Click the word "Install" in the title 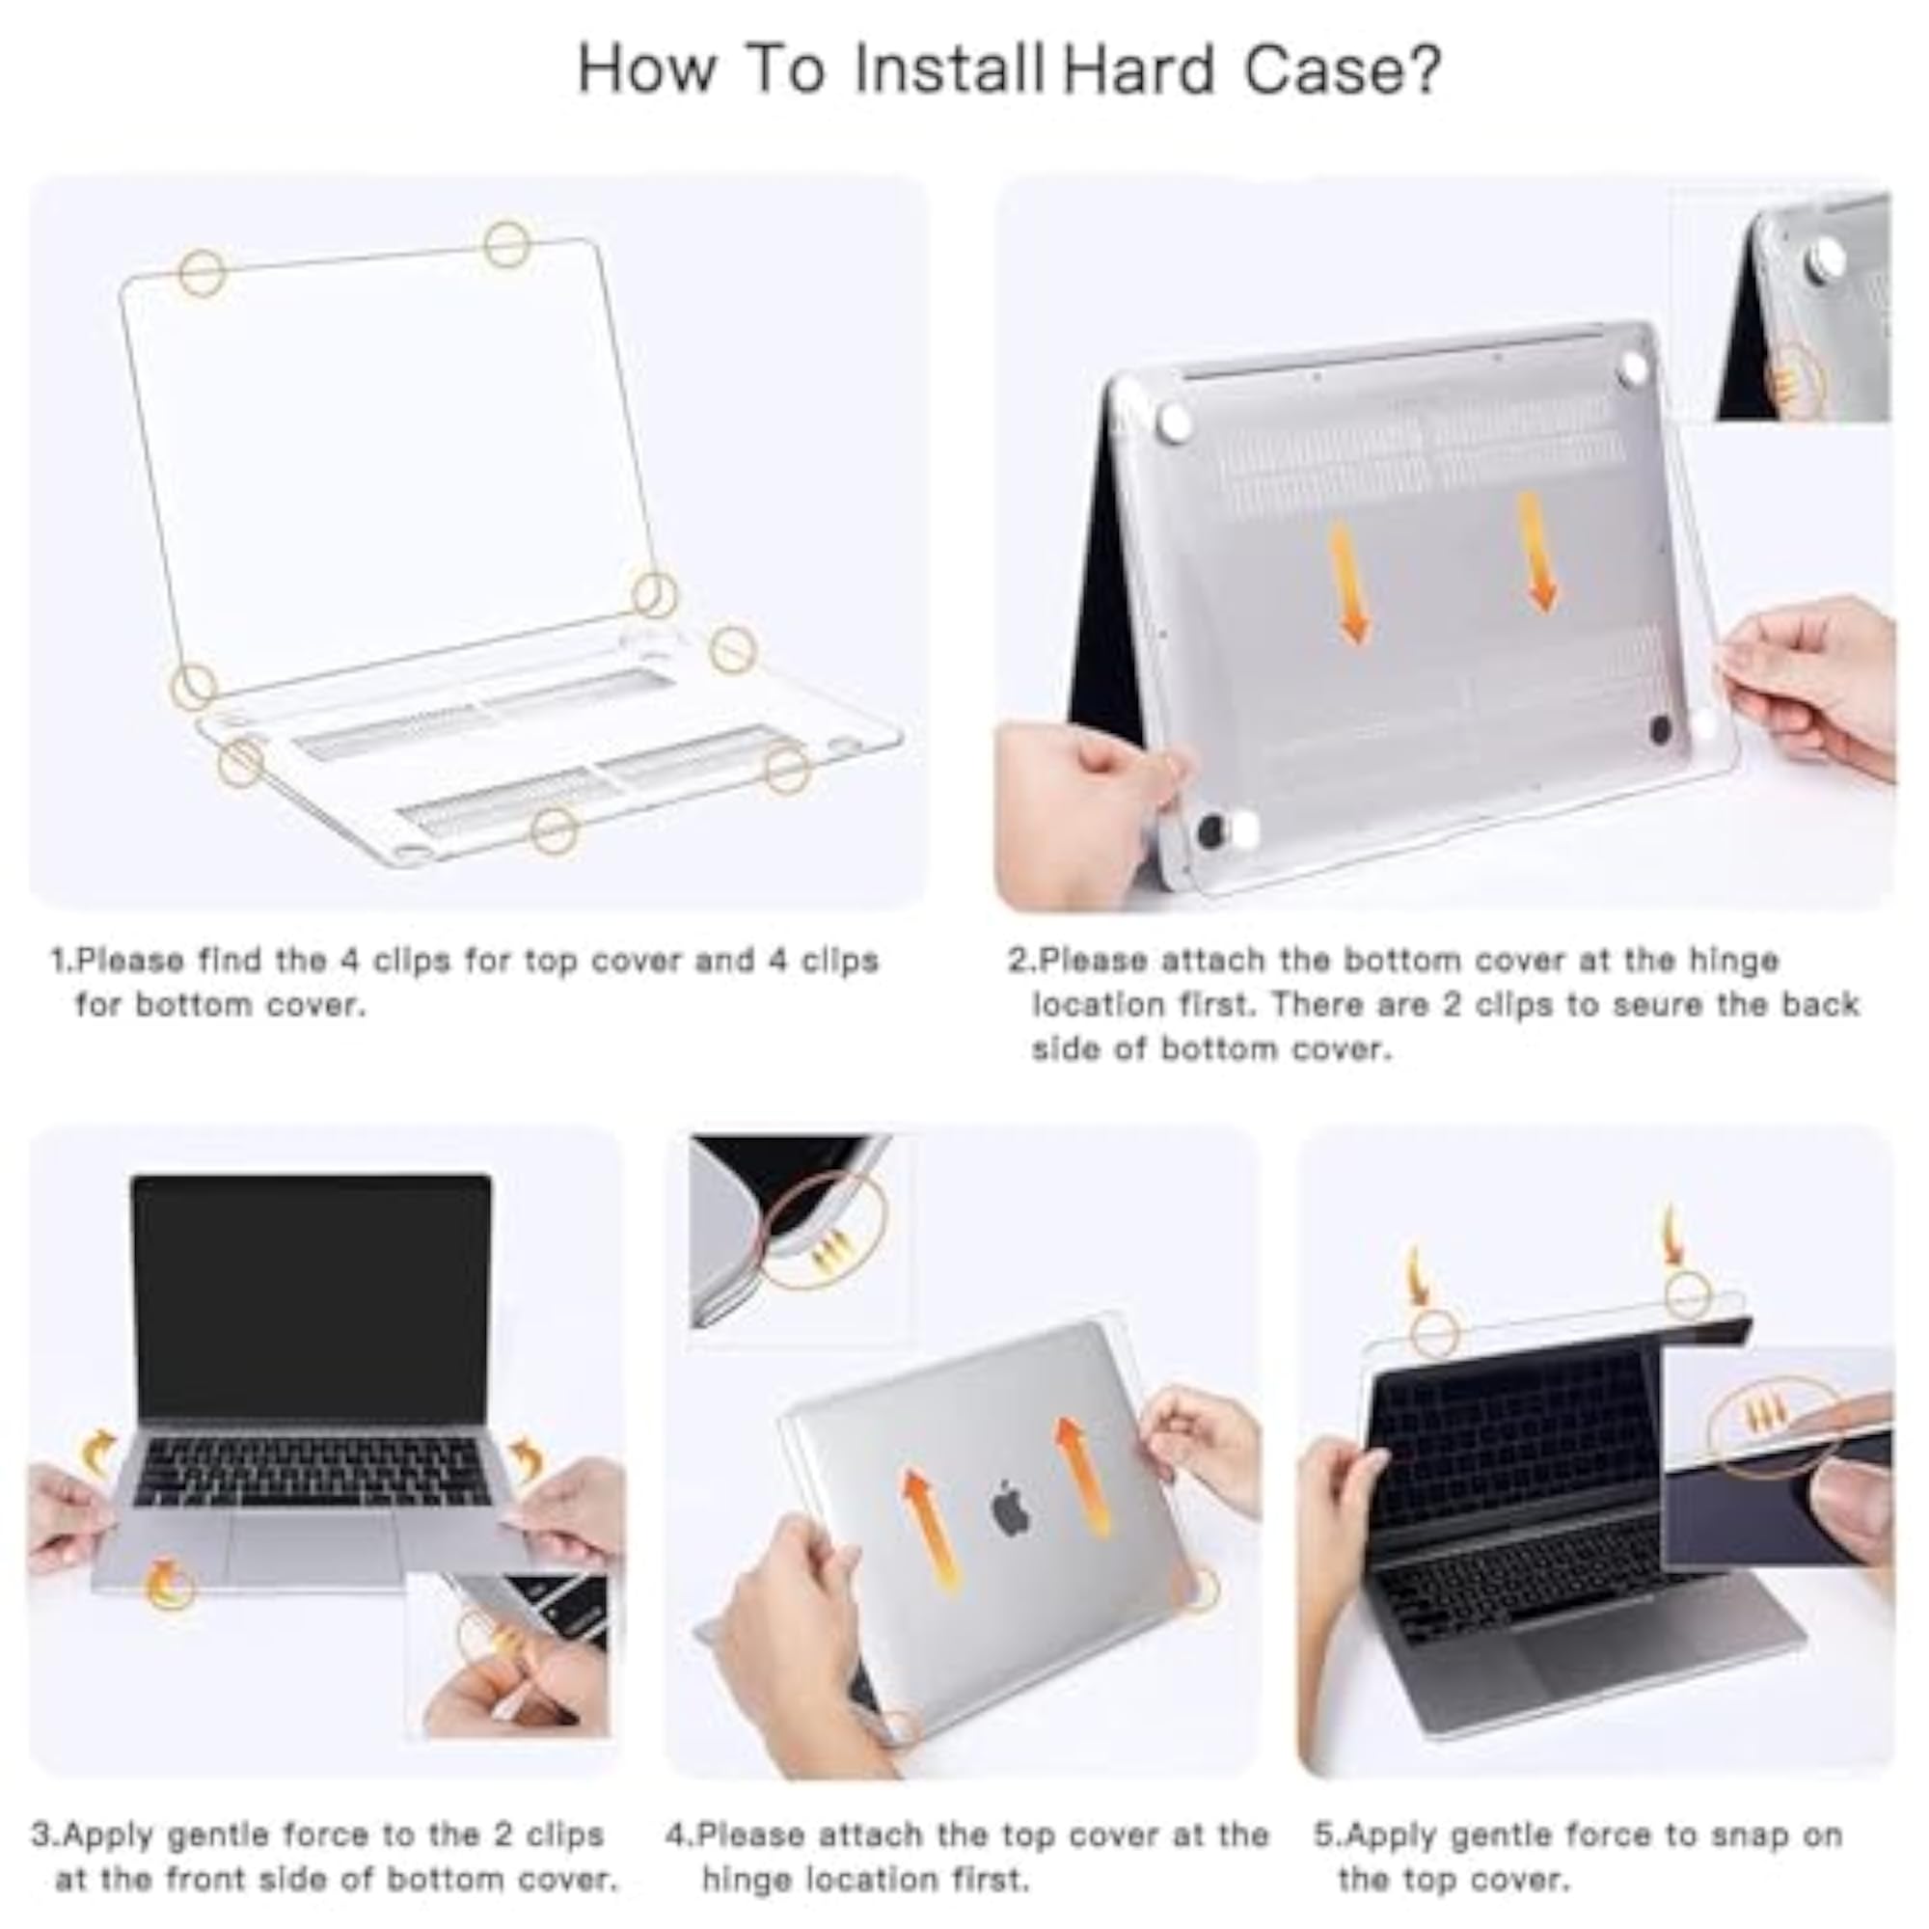pyautogui.click(x=947, y=68)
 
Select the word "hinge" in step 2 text pyautogui.click(x=1733, y=961)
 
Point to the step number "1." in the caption pyautogui.click(x=63, y=961)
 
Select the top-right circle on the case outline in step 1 pyautogui.click(x=506, y=245)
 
